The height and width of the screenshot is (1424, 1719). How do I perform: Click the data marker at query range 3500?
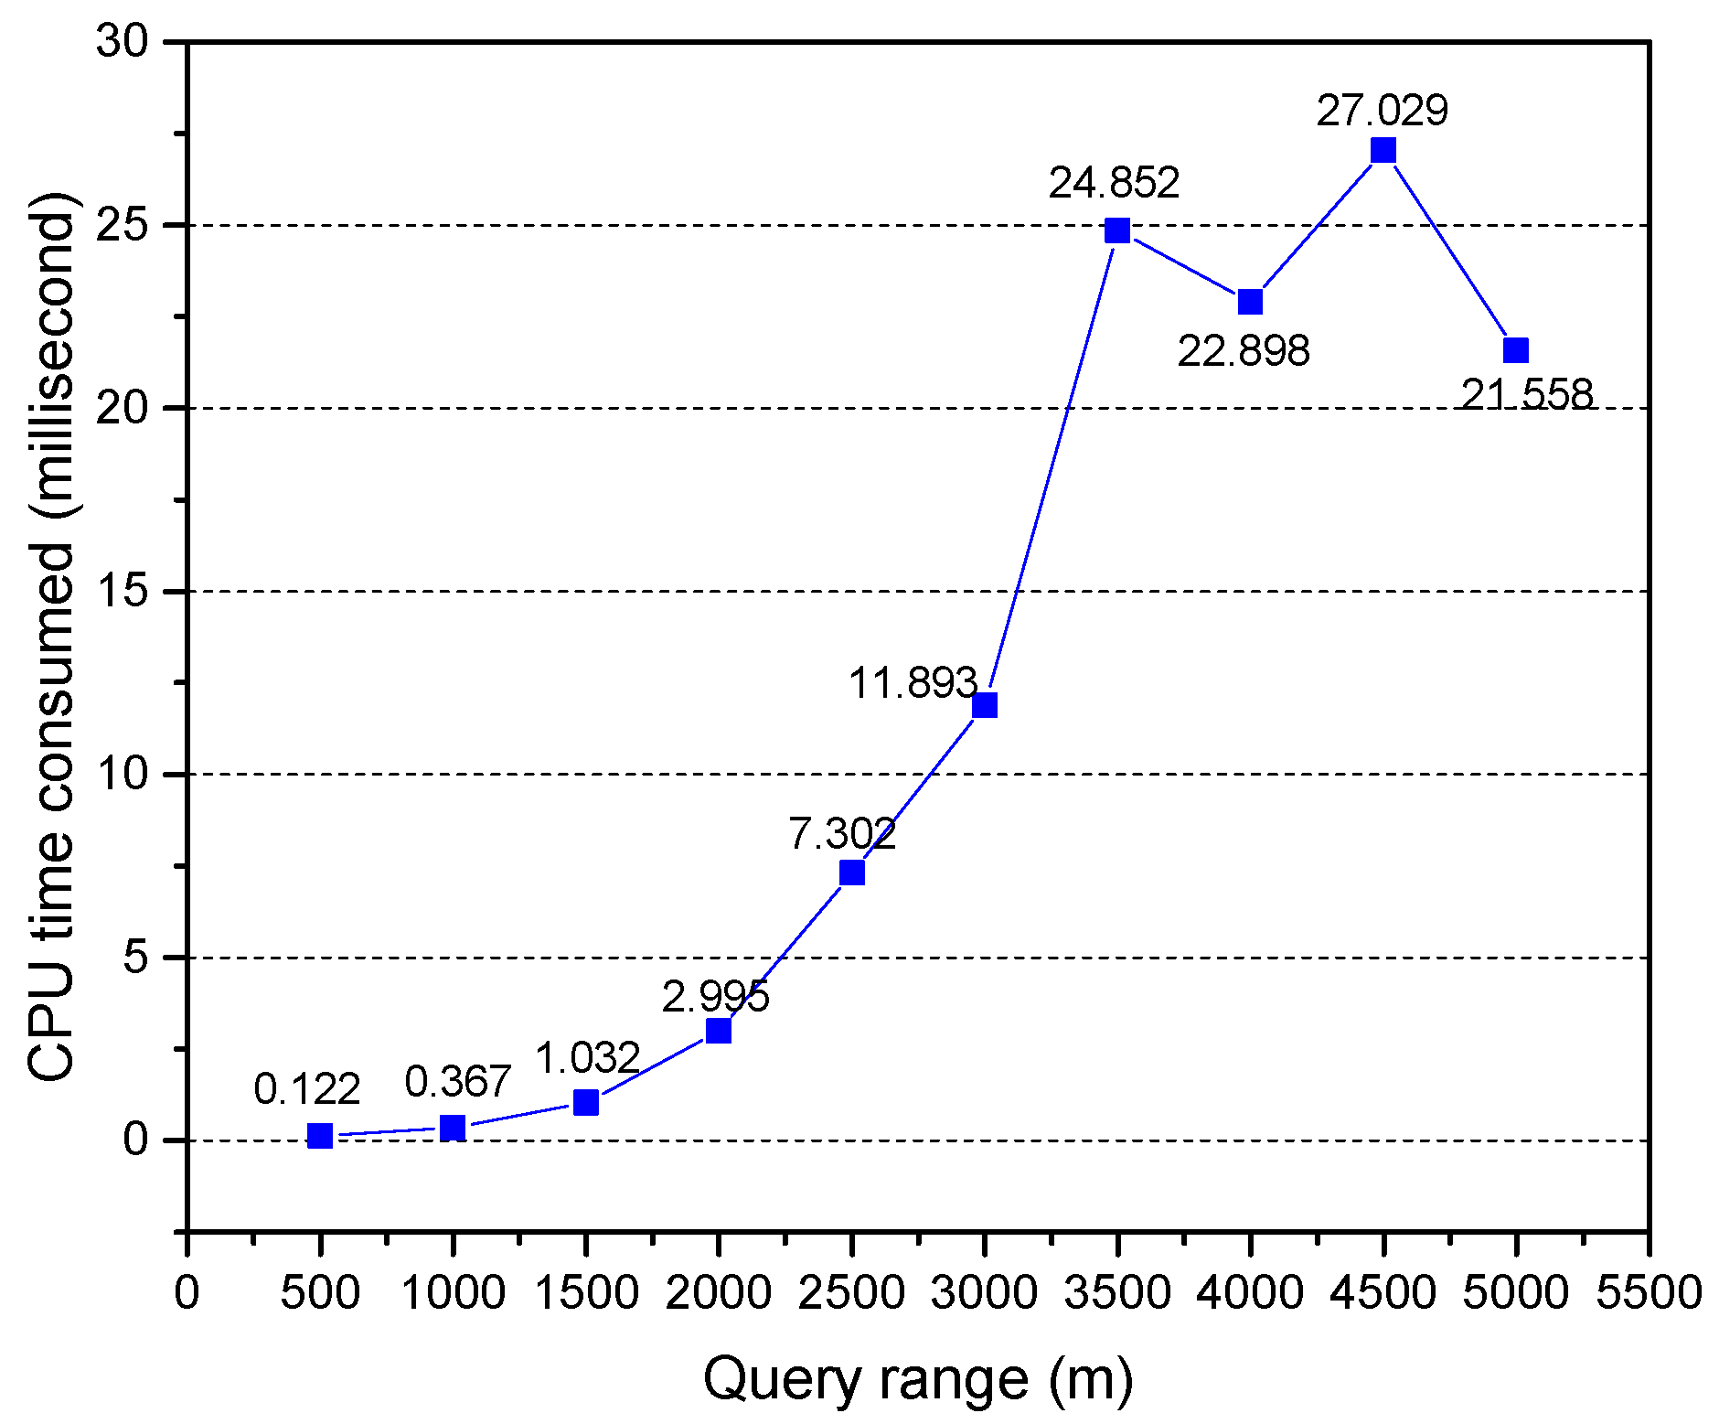click(x=1116, y=230)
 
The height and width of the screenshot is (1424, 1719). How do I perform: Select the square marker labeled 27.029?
click(x=1383, y=150)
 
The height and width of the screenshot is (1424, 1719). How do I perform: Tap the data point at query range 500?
click(x=319, y=1136)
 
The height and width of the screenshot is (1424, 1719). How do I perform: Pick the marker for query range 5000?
click(x=1515, y=350)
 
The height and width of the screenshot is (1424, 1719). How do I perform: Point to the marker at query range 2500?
click(x=851, y=873)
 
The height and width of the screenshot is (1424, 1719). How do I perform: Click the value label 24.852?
click(x=1114, y=183)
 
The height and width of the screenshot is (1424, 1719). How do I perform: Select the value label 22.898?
click(x=1243, y=351)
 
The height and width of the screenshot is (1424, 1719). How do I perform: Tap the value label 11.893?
click(x=913, y=683)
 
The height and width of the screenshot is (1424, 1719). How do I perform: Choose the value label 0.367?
click(x=457, y=1082)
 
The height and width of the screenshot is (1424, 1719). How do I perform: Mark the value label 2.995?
click(x=715, y=996)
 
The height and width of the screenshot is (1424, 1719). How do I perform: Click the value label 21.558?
click(x=1527, y=394)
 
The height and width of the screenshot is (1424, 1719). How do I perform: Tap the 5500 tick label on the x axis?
click(x=1648, y=1293)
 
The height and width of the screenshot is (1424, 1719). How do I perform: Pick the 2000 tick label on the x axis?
click(x=718, y=1293)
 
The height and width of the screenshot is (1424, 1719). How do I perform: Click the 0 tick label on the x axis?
click(x=187, y=1293)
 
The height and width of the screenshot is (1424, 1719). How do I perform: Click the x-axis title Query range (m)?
click(x=917, y=1378)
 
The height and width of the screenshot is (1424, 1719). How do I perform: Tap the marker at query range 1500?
click(x=585, y=1102)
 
